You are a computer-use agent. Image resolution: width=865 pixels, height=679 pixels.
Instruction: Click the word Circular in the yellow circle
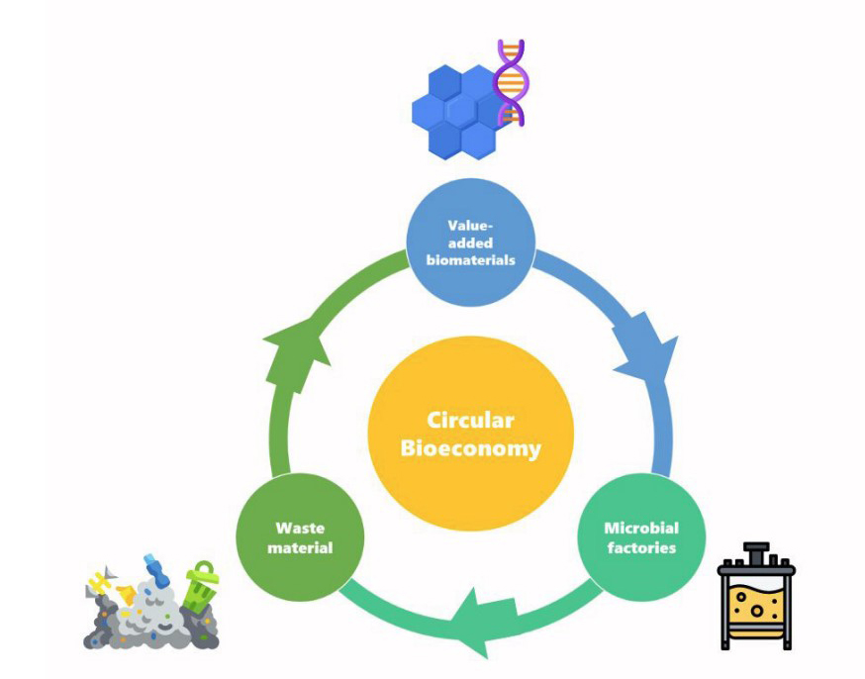tap(470, 420)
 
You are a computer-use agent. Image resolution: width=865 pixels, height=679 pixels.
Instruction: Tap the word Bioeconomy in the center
tap(470, 448)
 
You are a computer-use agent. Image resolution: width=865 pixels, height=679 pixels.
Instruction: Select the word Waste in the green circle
tap(300, 528)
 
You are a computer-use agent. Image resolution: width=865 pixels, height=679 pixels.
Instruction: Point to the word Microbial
tap(640, 528)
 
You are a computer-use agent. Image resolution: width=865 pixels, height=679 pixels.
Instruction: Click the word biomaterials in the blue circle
tap(471, 260)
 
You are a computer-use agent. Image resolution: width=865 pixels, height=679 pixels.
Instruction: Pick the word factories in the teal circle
tap(640, 547)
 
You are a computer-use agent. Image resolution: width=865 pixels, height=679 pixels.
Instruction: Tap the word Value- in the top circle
tap(471, 225)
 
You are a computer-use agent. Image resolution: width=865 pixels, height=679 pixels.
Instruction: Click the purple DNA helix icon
tap(511, 83)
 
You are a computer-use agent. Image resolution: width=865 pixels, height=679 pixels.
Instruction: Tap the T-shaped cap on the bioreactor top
tap(756, 550)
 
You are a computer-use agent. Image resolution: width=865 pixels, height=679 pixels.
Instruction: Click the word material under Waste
tap(300, 547)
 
